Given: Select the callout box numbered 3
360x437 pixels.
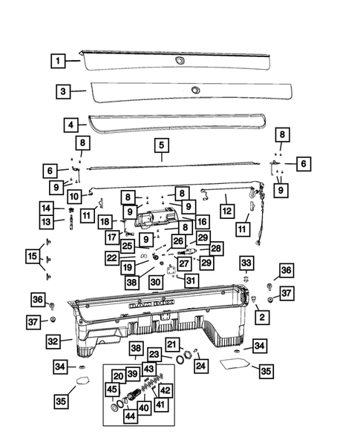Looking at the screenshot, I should pos(64,91).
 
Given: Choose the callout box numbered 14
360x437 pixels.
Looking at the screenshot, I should pos(46,208).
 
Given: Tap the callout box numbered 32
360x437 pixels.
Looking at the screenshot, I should pos(53,341).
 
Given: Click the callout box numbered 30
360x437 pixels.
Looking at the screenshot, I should pos(155,282).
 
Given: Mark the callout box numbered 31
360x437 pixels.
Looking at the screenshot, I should pos(191,280).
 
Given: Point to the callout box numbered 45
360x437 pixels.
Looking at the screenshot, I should pos(112,390).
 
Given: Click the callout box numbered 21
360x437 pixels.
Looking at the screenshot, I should pos(172,344).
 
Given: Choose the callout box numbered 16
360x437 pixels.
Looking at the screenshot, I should pos(202,222).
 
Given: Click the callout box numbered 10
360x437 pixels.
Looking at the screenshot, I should pos(75,197).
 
